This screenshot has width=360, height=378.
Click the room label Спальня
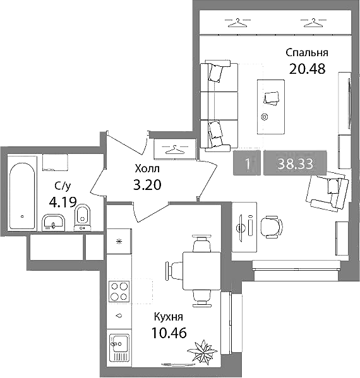pyautogui.click(x=307, y=53)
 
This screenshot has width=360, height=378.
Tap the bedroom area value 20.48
pyautogui.click(x=307, y=69)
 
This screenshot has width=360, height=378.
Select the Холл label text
pyautogui.click(x=147, y=168)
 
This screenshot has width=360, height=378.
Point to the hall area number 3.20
pyautogui.click(x=147, y=185)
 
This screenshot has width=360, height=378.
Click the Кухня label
pyautogui.click(x=169, y=317)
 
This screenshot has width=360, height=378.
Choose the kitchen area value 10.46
pyautogui.click(x=169, y=333)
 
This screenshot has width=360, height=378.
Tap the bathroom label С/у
pyautogui.click(x=63, y=186)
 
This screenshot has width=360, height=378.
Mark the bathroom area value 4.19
pyautogui.click(x=63, y=202)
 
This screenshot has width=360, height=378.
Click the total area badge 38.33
pyautogui.click(x=295, y=163)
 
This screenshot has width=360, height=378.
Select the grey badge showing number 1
pyautogui.click(x=247, y=163)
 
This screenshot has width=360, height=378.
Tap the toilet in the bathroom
pyautogui.click(x=83, y=217)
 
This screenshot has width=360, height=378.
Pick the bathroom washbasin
pyautogui.click(x=54, y=222)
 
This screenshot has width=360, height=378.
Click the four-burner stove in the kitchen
pyautogui.click(x=119, y=292)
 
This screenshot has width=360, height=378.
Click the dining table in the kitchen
pyautogui.click(x=201, y=271)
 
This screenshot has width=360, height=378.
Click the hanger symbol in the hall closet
pyautogui.click(x=175, y=150)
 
